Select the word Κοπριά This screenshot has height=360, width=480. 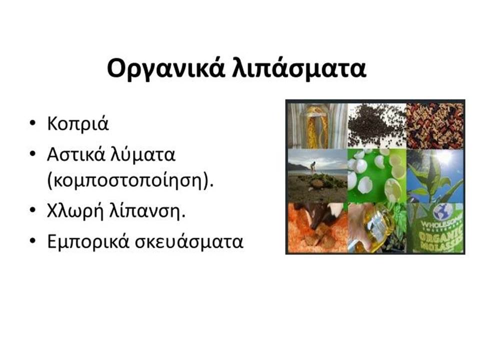[x=78, y=124]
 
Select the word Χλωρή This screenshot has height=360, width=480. [x=75, y=211]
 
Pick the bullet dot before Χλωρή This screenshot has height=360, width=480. [x=32, y=211]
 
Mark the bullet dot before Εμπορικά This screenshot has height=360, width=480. [x=32, y=241]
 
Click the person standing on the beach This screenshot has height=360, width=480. [x=313, y=168]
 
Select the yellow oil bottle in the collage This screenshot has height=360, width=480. [x=377, y=225]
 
